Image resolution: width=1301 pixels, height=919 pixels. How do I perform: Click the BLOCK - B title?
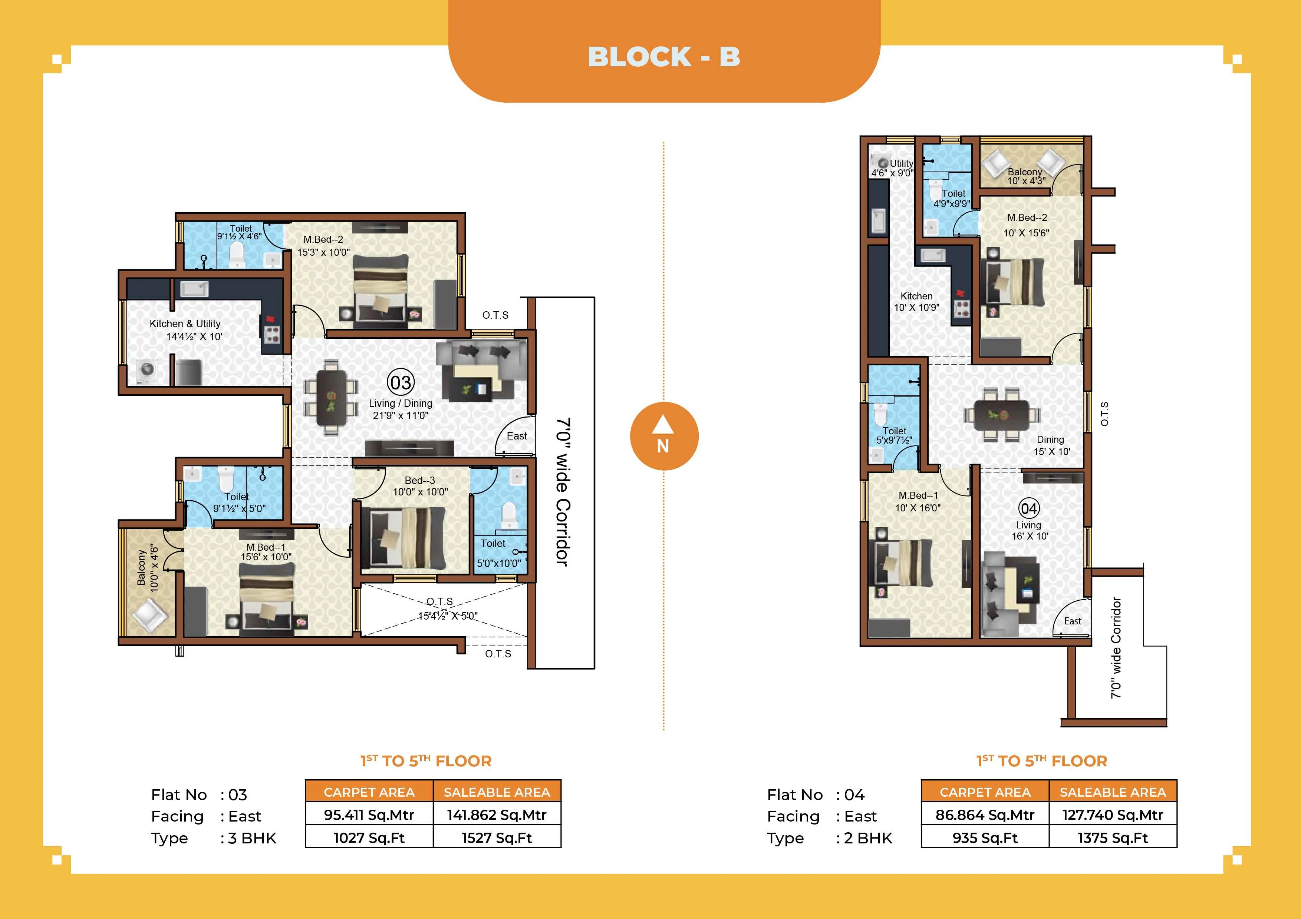pyautogui.click(x=663, y=57)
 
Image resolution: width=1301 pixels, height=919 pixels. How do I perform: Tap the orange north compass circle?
pyautogui.click(x=663, y=436)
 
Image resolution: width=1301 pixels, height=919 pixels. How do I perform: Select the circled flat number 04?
pyautogui.click(x=1028, y=508)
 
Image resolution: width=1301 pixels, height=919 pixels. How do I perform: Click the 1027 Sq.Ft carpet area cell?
pyautogui.click(x=369, y=837)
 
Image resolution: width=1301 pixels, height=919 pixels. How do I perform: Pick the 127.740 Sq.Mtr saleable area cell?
pyautogui.click(x=1112, y=815)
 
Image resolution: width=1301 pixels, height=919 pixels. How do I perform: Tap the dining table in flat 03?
pyautogui.click(x=331, y=397)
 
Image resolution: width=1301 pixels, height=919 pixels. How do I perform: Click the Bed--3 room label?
pyautogui.click(x=420, y=486)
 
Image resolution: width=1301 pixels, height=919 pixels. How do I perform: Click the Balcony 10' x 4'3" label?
pyautogui.click(x=1025, y=176)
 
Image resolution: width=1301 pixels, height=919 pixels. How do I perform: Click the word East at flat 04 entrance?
pyautogui.click(x=1073, y=621)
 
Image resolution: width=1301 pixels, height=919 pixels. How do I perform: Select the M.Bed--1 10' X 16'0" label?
pyautogui.click(x=918, y=502)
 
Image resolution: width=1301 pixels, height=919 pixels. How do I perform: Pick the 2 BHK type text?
pyautogui.click(x=867, y=838)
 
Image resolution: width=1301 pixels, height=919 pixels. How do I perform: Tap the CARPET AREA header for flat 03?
pyautogui.click(x=369, y=792)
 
